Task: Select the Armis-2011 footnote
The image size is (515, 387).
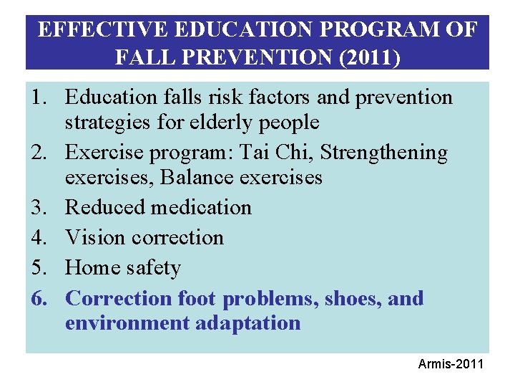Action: coord(451,365)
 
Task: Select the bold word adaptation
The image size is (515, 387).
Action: coord(247,323)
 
